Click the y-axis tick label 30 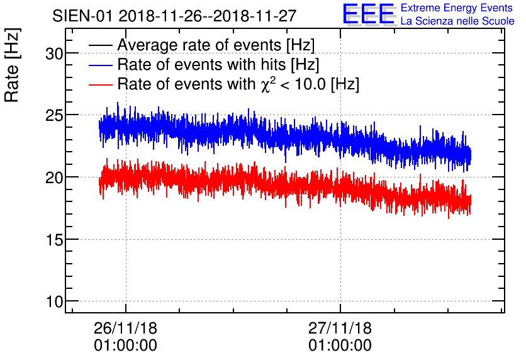click(x=55, y=54)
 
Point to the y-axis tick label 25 click(x=55, y=115)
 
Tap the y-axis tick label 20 click(x=55, y=177)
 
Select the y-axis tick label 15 click(x=55, y=239)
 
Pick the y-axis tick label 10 click(x=55, y=301)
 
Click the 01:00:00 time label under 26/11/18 click(x=126, y=346)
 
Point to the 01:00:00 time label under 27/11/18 click(x=340, y=346)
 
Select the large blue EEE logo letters click(x=369, y=14)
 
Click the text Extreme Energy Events click(x=457, y=8)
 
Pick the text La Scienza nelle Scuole click(x=457, y=21)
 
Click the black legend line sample click(x=101, y=46)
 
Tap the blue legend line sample click(x=101, y=65)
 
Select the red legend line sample click(x=101, y=84)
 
